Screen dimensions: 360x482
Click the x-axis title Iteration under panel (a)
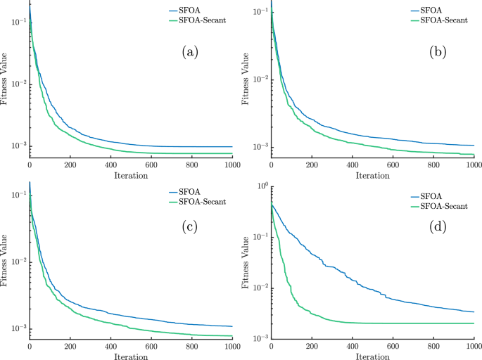click(x=130, y=175)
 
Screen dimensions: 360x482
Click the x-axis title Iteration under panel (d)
click(x=372, y=356)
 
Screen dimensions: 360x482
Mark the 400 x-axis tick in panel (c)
click(x=110, y=347)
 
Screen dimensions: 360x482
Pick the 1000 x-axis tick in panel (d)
click(x=473, y=347)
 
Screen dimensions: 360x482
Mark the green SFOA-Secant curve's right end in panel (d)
click(x=474, y=323)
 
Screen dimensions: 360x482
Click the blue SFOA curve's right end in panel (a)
click(x=232, y=147)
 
